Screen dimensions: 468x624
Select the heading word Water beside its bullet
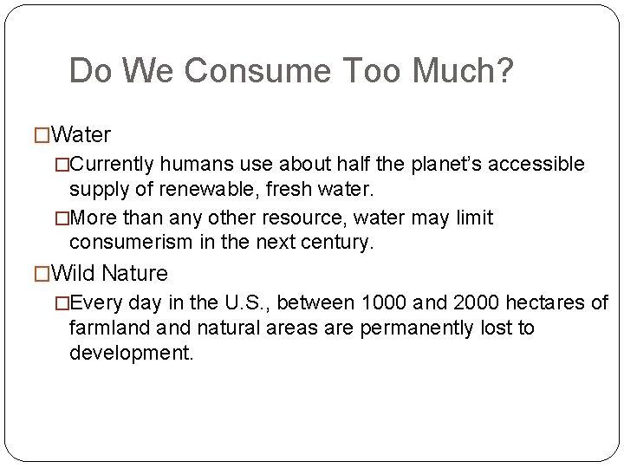(x=81, y=135)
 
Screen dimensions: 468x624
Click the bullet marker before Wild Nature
(x=41, y=274)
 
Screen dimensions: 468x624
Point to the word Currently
(x=116, y=165)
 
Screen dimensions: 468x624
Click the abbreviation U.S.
(x=245, y=303)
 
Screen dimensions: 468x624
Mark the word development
(x=131, y=354)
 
